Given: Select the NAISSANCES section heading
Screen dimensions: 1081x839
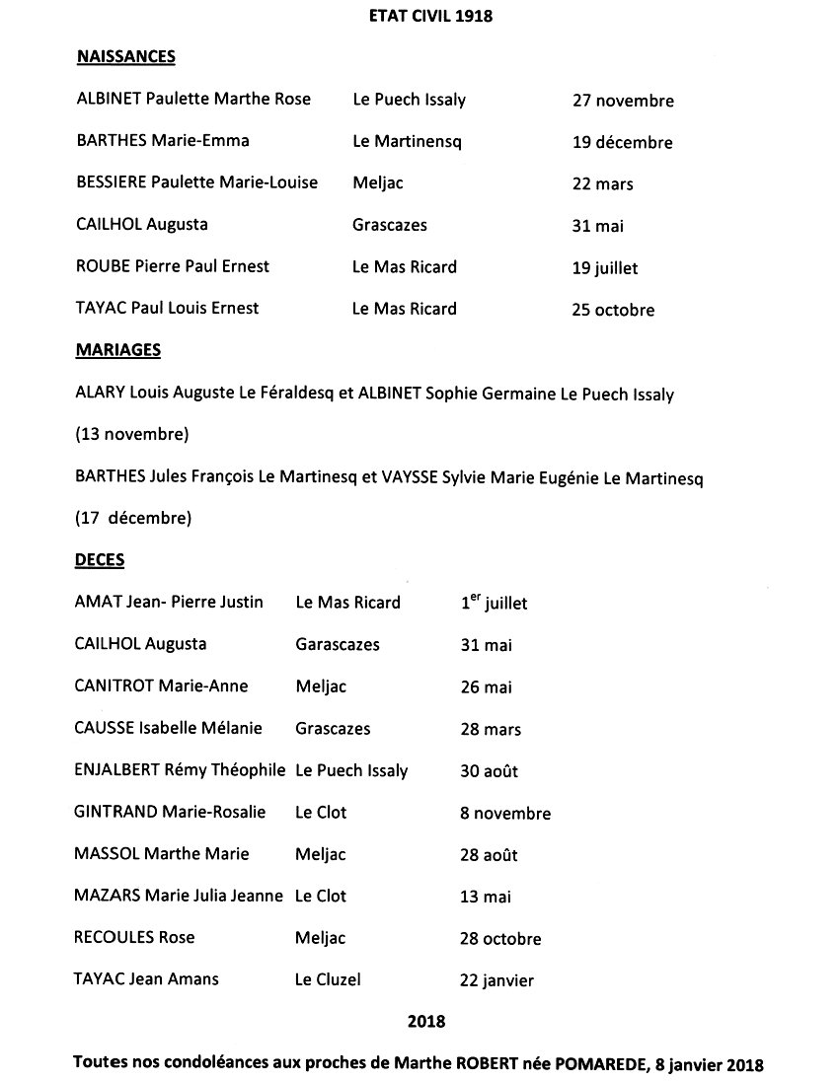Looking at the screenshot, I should (x=125, y=57).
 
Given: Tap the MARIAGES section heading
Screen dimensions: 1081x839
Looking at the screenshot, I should (x=118, y=350).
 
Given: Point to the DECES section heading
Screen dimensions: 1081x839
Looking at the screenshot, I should (x=100, y=559).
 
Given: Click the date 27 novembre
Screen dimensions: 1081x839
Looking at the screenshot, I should (x=623, y=101).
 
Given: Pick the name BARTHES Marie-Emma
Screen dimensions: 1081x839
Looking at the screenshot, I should (x=163, y=141).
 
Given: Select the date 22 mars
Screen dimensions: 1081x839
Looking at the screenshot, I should (x=602, y=184).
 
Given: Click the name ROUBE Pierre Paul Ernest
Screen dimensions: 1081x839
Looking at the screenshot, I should (x=173, y=266).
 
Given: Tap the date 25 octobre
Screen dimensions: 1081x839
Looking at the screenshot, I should (x=613, y=310).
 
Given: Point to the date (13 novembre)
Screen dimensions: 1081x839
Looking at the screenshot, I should (x=132, y=434).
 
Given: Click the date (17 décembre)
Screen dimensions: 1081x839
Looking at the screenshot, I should (x=133, y=517).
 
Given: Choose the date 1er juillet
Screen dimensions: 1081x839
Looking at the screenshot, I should (x=494, y=603).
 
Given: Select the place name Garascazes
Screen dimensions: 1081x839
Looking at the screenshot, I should (x=338, y=645).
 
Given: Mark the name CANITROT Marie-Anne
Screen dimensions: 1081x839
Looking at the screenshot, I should (x=162, y=686).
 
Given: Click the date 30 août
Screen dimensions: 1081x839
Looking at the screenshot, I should (x=489, y=771).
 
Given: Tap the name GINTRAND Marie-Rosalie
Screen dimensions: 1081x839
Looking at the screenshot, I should (x=170, y=813).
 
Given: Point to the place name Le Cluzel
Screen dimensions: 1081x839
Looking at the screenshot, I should (x=329, y=980).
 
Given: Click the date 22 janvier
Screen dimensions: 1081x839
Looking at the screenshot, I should (x=496, y=981).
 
